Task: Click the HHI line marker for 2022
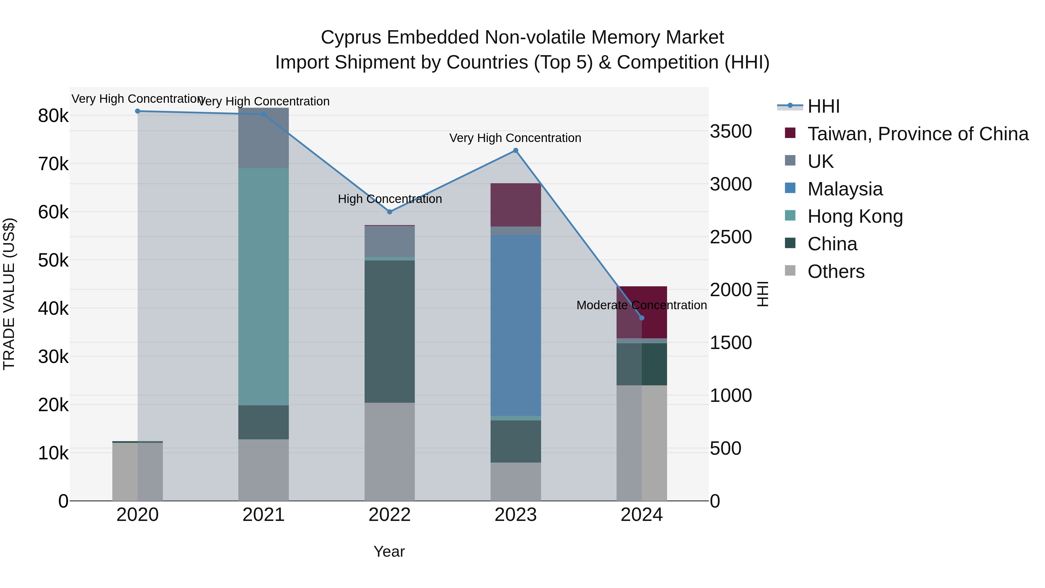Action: point(390,212)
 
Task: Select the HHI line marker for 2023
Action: point(516,150)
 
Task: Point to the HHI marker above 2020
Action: point(138,111)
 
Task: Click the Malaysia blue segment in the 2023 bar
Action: point(516,325)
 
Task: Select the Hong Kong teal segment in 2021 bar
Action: point(263,286)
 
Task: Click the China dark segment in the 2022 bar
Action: point(390,331)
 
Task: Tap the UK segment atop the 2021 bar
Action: point(263,138)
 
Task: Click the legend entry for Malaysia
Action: point(845,189)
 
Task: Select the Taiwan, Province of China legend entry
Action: point(918,134)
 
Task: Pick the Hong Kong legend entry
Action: point(855,216)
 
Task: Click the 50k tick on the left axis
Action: point(53,260)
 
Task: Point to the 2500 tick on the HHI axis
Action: point(731,237)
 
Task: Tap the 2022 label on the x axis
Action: point(390,515)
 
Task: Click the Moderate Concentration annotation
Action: point(641,305)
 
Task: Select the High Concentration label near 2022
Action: point(390,199)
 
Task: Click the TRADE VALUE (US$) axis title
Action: point(9,294)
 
